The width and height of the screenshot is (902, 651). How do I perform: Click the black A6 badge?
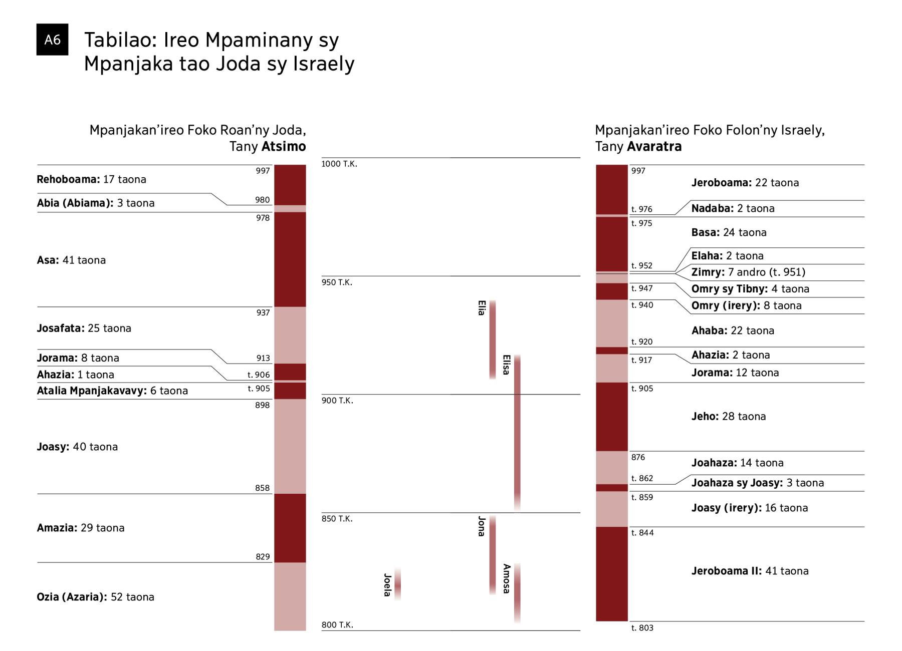(x=52, y=40)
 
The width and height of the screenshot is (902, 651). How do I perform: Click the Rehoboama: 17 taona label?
(x=91, y=179)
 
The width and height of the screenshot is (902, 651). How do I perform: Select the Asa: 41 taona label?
(x=71, y=260)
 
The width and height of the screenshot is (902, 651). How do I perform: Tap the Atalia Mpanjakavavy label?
(x=112, y=391)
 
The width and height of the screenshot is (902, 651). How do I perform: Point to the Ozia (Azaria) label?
(x=95, y=597)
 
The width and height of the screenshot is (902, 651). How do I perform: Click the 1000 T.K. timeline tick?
(x=339, y=164)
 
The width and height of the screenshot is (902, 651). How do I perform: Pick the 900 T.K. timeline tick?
(x=337, y=401)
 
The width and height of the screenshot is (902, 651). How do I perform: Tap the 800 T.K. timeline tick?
(x=337, y=625)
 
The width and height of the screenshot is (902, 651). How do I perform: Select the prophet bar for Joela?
(x=397, y=584)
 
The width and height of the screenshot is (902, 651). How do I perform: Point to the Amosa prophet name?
(x=506, y=579)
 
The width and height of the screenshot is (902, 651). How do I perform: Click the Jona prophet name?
(x=481, y=526)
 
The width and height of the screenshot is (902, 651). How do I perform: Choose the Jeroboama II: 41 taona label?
(x=750, y=571)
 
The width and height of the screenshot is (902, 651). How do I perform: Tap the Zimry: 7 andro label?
(x=748, y=272)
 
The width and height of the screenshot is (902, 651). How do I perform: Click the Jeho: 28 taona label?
(x=729, y=416)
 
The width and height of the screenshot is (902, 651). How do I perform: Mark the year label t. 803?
(x=642, y=628)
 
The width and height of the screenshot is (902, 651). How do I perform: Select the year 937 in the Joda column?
(x=263, y=312)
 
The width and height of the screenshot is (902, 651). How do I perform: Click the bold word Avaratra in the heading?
(x=654, y=147)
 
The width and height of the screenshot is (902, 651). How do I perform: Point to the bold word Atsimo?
(x=284, y=147)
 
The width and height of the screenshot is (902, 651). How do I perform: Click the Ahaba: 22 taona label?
(x=733, y=331)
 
